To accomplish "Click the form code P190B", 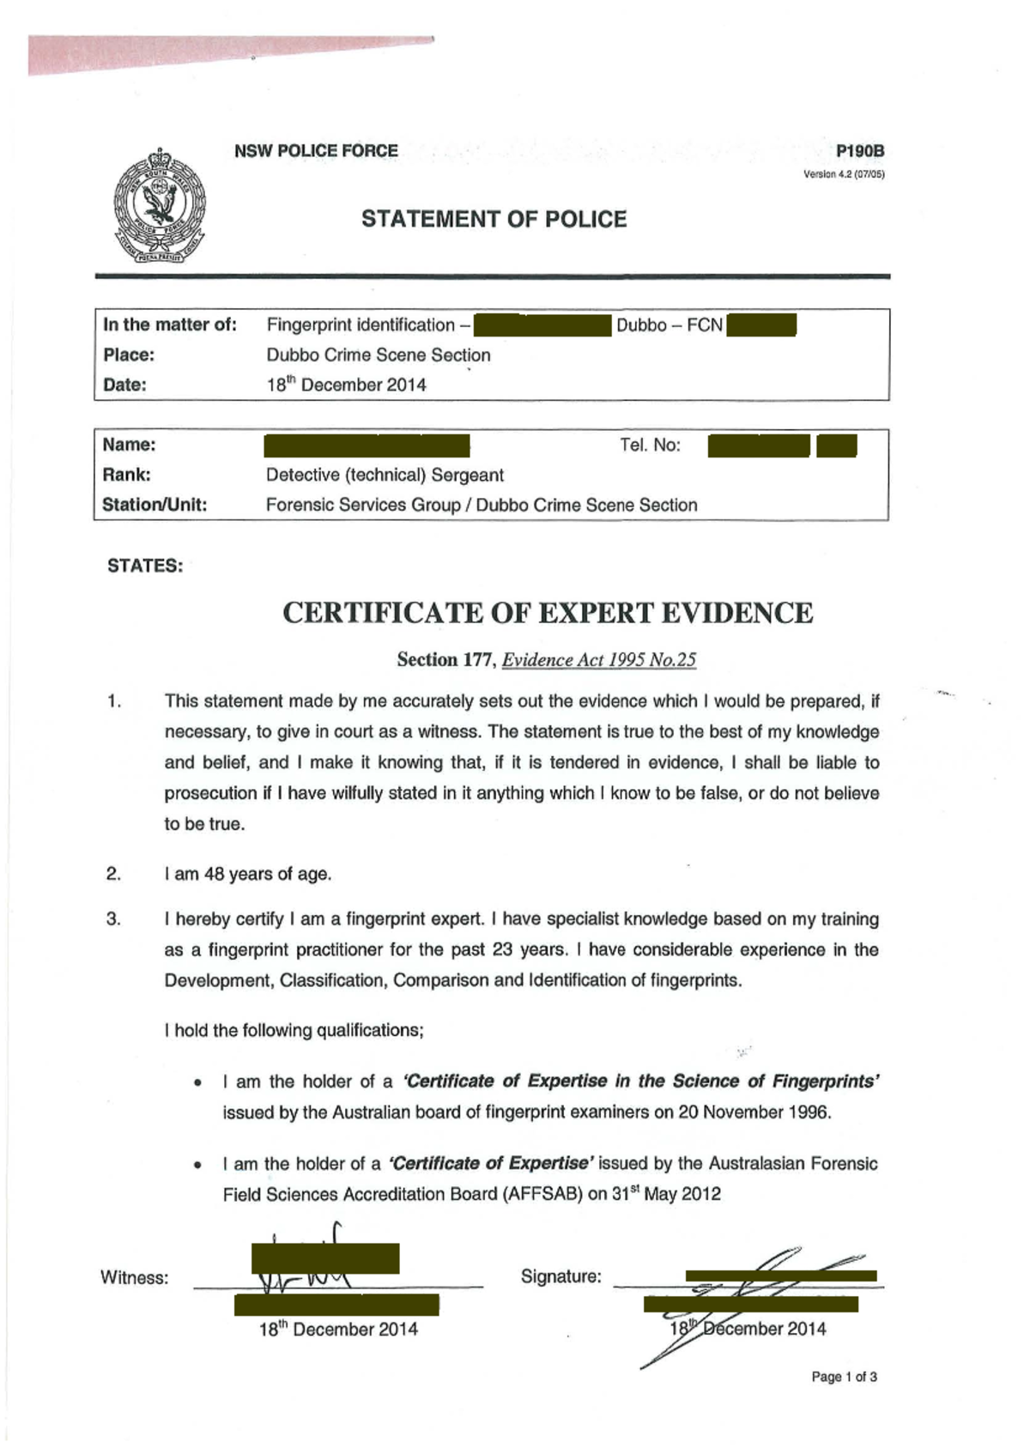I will pyautogui.click(x=860, y=152).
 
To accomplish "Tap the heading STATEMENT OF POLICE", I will pyautogui.click(x=494, y=220).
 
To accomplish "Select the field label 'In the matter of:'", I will pyautogui.click(x=170, y=324).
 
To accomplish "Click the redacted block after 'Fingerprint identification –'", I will pyautogui.click(x=542, y=325).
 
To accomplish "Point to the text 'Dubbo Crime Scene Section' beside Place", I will pyautogui.click(x=379, y=355).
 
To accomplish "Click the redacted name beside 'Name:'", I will pyautogui.click(x=367, y=445).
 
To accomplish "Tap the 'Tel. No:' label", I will pyautogui.click(x=650, y=445).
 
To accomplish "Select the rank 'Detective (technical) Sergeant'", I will pyautogui.click(x=385, y=475).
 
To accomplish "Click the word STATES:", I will pyautogui.click(x=145, y=566).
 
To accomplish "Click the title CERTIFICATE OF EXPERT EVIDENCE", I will pyautogui.click(x=548, y=613).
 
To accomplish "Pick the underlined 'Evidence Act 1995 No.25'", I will pyautogui.click(x=598, y=660).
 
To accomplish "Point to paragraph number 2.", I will pyautogui.click(x=113, y=874).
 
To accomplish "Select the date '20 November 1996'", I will pyautogui.click(x=753, y=1112).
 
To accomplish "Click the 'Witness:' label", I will pyautogui.click(x=135, y=1277).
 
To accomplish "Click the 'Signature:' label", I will pyautogui.click(x=560, y=1276).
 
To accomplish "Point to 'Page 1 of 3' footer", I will pyautogui.click(x=844, y=1377).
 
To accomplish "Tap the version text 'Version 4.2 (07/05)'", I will pyautogui.click(x=843, y=174).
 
